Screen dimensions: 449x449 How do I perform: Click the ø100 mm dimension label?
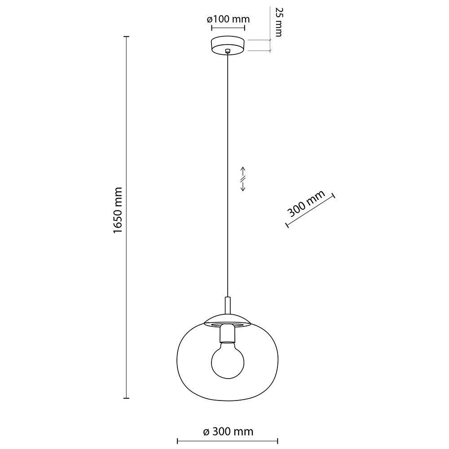pyautogui.click(x=228, y=19)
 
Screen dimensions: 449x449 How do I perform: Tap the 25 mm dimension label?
pyautogui.click(x=278, y=22)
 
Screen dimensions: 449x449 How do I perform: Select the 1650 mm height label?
pyautogui.click(x=118, y=211)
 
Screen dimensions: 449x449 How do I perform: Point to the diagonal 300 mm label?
pyautogui.click(x=306, y=203)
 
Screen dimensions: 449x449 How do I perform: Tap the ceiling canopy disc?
pyautogui.click(x=228, y=45)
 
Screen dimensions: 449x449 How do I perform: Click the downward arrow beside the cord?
pyautogui.click(x=243, y=186)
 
